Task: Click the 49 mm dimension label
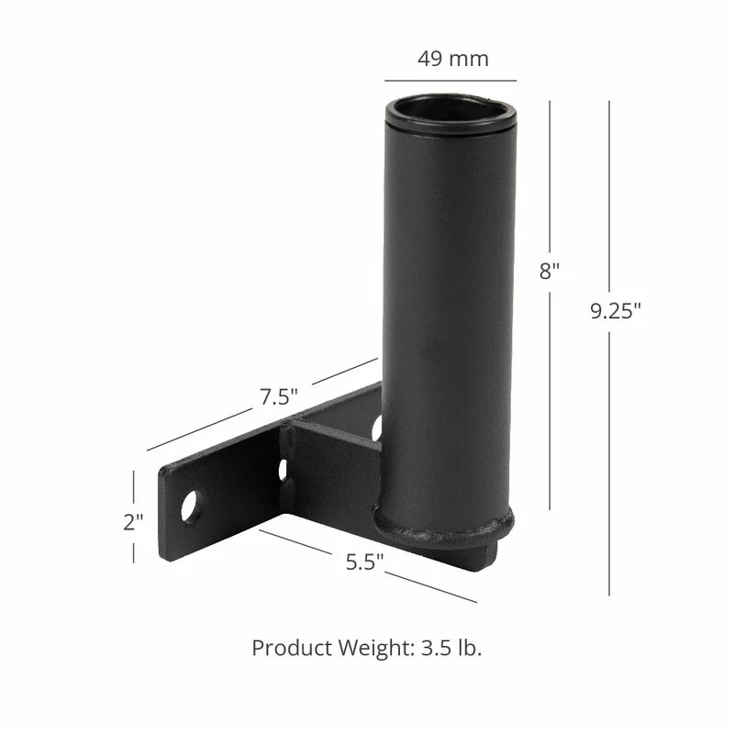click(x=453, y=59)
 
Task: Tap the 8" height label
click(x=549, y=272)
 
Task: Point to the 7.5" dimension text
click(x=279, y=397)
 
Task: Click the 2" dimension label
click(x=133, y=522)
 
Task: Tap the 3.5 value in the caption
click(x=433, y=648)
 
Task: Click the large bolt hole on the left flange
click(x=191, y=506)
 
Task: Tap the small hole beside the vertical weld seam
click(x=283, y=470)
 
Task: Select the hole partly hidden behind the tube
click(x=376, y=427)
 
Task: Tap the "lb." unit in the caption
click(x=467, y=648)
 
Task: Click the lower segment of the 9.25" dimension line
click(x=608, y=459)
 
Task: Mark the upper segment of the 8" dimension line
click(x=550, y=174)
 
